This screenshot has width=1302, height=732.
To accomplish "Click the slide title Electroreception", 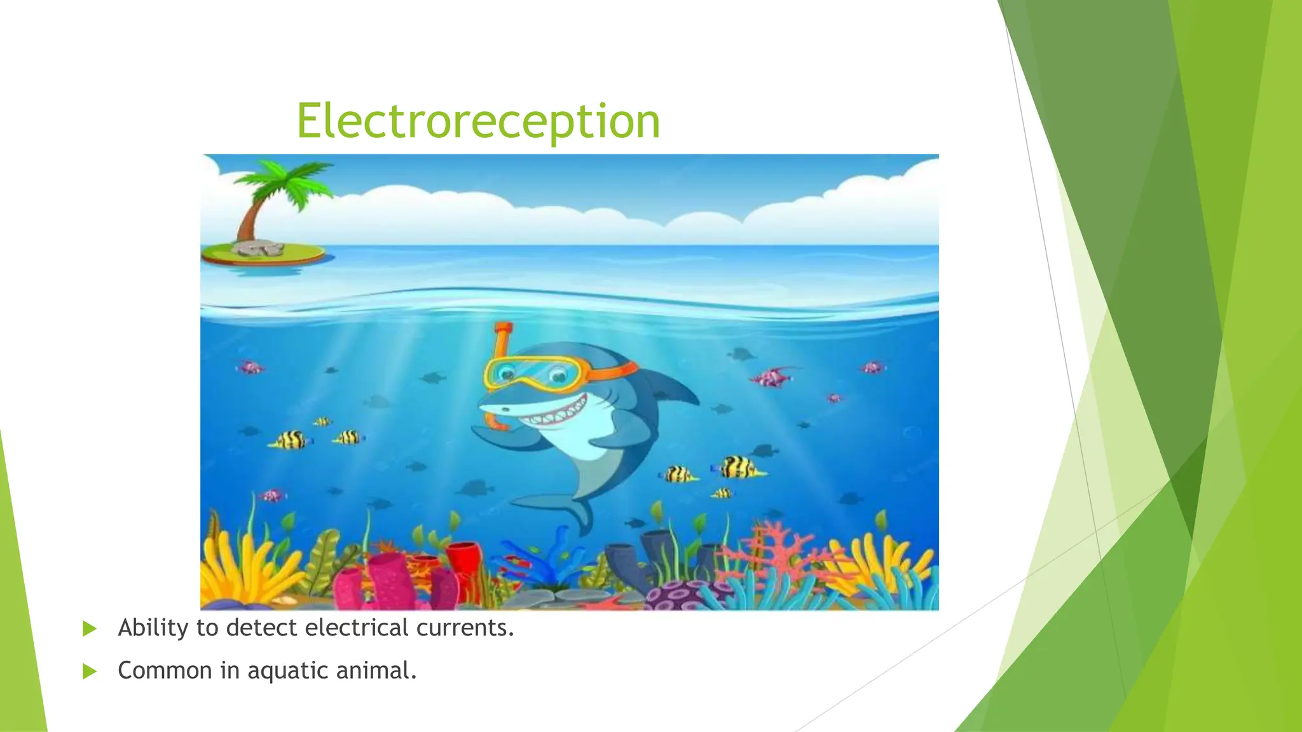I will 478,121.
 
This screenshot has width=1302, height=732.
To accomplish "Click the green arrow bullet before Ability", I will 90,629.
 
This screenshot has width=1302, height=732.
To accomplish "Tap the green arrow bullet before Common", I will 90,672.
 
